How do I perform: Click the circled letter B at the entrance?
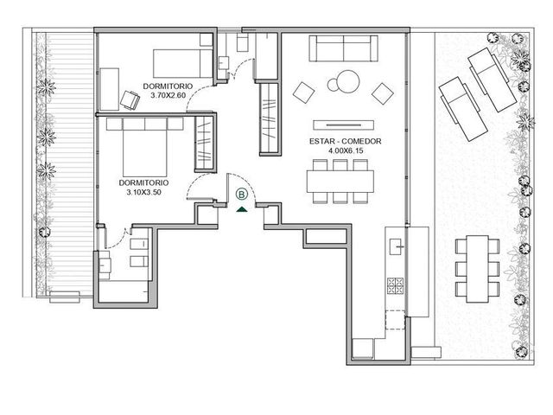tap(242, 195)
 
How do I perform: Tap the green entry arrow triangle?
tap(242, 209)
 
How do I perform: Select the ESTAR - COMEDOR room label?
tap(346, 142)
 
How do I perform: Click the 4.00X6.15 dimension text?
tap(346, 150)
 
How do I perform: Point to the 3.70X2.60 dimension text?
tap(168, 95)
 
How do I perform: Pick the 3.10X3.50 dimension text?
tap(144, 192)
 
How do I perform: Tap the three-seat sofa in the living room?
tap(344, 48)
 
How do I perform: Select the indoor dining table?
tap(340, 182)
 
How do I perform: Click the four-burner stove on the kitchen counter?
tap(395, 286)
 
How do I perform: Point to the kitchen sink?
tap(397, 246)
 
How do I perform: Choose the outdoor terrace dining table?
tap(478, 269)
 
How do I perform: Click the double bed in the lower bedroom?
tap(145, 147)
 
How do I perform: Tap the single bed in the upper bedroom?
tap(183, 63)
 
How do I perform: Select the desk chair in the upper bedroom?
tap(130, 100)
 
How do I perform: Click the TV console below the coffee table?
tap(344, 124)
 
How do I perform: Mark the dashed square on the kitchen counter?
tap(396, 320)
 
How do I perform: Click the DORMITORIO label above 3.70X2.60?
tap(168, 86)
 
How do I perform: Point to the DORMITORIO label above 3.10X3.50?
tap(144, 182)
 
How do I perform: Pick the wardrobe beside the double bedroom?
tap(204, 143)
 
